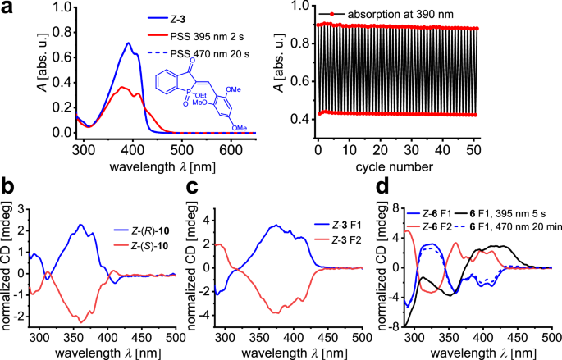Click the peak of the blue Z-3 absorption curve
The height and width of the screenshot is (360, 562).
128,43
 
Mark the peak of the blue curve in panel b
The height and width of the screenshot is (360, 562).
80,225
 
